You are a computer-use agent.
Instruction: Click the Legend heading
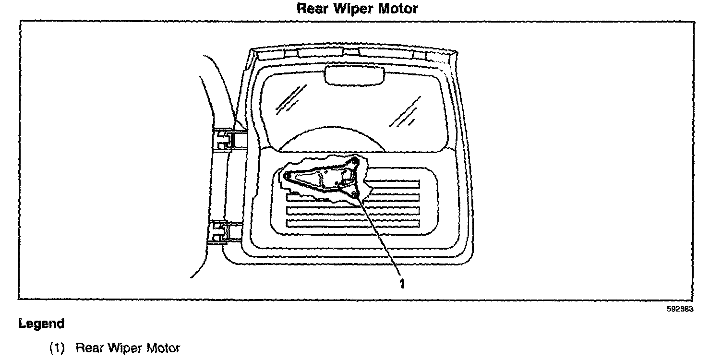(41, 324)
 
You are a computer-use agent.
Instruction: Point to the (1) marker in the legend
(57, 348)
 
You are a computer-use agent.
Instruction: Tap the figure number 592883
(680, 310)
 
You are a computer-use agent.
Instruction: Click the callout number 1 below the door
(402, 284)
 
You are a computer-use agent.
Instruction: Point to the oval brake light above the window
(355, 75)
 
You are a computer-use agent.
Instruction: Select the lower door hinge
(225, 232)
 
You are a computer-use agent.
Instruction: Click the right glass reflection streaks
(402, 113)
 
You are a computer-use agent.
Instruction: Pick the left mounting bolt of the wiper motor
(287, 177)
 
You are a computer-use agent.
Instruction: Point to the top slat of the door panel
(394, 184)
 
